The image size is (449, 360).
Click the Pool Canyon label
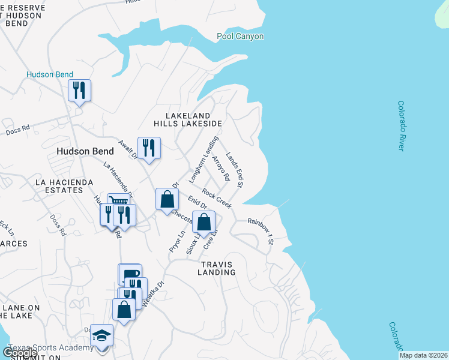coord(240,37)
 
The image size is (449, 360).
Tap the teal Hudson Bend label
coord(50,75)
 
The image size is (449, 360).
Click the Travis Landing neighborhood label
coord(218,268)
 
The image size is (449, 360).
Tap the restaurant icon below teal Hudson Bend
coord(79,91)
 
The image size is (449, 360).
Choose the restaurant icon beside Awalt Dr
coord(149,148)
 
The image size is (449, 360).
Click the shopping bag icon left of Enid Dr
coord(166,199)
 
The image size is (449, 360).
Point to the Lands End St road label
coord(234,170)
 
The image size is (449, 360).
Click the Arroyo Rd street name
coord(221,169)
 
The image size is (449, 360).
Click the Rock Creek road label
coord(217,199)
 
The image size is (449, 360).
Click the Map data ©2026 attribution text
coord(423,355)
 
